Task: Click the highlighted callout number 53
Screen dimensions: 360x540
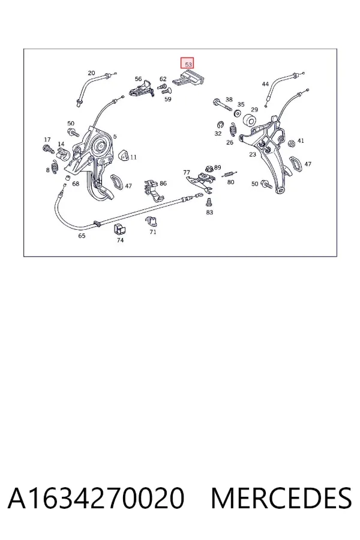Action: tap(188, 64)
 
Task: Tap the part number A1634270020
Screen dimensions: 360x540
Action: tap(96, 498)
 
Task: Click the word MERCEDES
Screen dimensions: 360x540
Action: tap(281, 498)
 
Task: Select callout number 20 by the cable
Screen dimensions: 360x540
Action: tap(91, 73)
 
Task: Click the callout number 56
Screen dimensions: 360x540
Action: tap(138, 79)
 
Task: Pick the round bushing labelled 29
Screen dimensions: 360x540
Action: tap(249, 120)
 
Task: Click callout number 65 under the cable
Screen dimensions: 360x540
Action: tap(82, 236)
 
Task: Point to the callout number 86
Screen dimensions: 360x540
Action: tap(163, 183)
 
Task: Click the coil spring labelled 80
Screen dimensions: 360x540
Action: tap(229, 175)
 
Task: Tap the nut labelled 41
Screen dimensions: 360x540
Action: tap(291, 143)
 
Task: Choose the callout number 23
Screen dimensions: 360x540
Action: tap(253, 155)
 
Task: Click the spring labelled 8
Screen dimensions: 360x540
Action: tap(54, 167)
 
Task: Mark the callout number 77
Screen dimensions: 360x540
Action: tap(187, 172)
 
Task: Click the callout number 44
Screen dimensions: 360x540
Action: tap(265, 84)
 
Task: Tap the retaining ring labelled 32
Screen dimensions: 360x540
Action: tap(219, 124)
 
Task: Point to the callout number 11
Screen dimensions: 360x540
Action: tap(134, 157)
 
